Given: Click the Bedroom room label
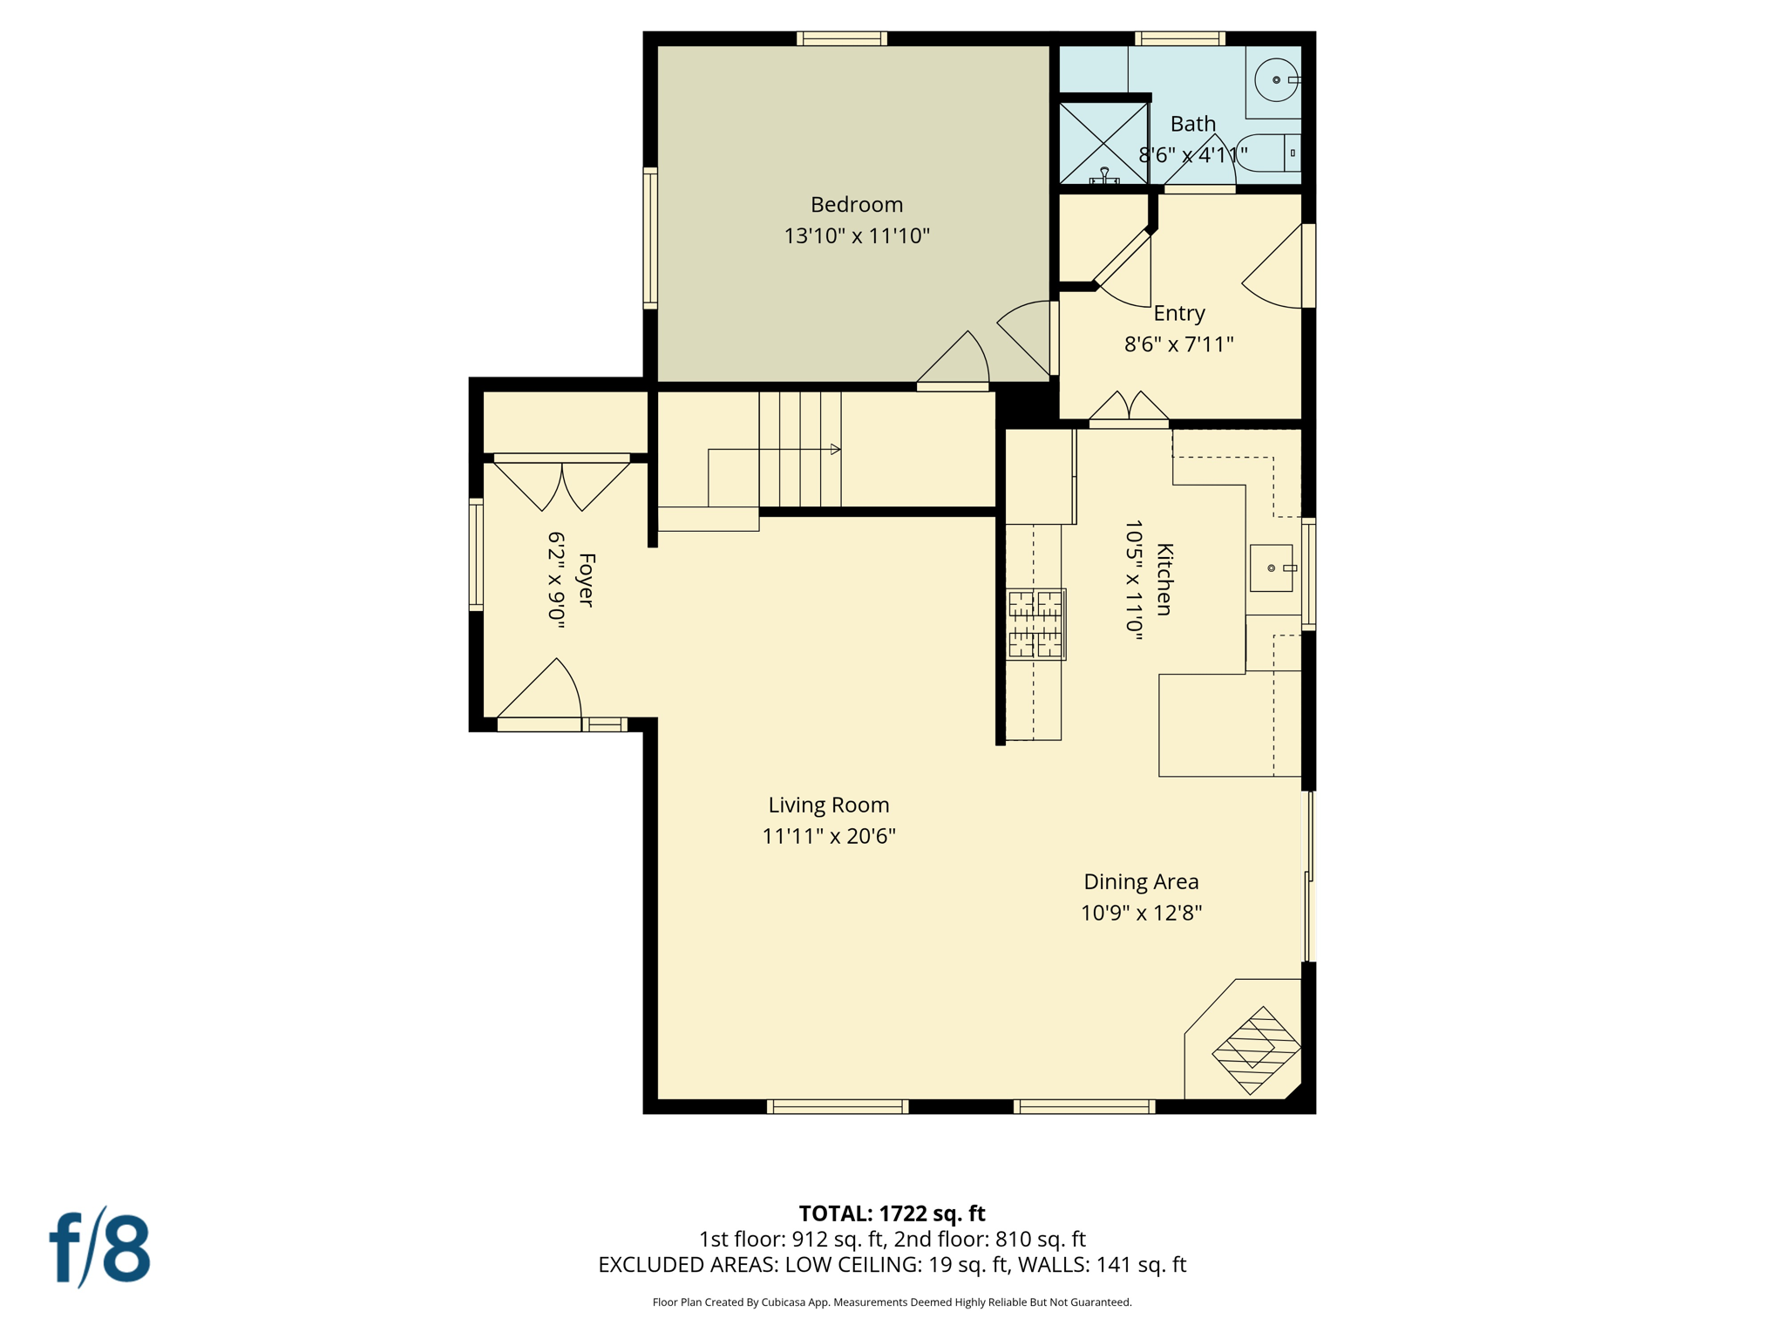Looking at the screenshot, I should click(x=856, y=205).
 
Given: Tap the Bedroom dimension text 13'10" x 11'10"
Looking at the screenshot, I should click(x=856, y=236).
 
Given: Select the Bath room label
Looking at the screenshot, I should click(x=1192, y=124).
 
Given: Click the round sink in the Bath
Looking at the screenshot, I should click(x=1276, y=80).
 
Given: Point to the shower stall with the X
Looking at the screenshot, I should click(x=1103, y=142).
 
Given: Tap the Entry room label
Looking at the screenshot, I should click(x=1178, y=313).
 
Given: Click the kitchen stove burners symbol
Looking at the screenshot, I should click(x=1035, y=624).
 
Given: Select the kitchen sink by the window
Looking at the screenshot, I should click(x=1271, y=568).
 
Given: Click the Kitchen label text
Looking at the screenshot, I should click(x=1164, y=580).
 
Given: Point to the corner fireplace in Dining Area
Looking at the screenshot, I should click(x=1255, y=1050).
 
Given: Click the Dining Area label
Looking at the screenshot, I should click(x=1141, y=881).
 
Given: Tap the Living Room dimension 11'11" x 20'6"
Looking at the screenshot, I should click(x=828, y=836).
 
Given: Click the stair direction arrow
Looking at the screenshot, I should click(x=835, y=450).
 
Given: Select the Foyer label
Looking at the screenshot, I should click(x=587, y=580).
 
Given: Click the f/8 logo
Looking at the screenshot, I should click(x=99, y=1248).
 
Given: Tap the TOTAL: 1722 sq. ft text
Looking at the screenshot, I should click(x=892, y=1213).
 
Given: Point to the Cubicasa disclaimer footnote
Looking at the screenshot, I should click(x=892, y=1302).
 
